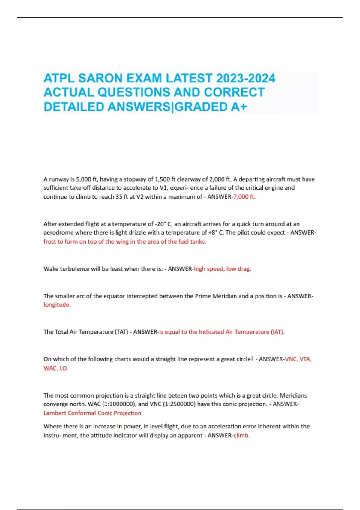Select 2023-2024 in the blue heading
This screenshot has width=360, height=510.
(x=246, y=78)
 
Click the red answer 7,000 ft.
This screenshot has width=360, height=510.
(x=244, y=197)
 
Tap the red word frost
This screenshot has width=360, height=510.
(x=50, y=241)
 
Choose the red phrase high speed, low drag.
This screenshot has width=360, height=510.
(x=222, y=269)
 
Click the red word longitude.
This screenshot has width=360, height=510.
(x=57, y=304)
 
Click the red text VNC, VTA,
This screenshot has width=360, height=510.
(x=298, y=359)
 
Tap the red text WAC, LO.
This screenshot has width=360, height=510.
(x=56, y=368)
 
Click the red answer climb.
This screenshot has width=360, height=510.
(x=241, y=435)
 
